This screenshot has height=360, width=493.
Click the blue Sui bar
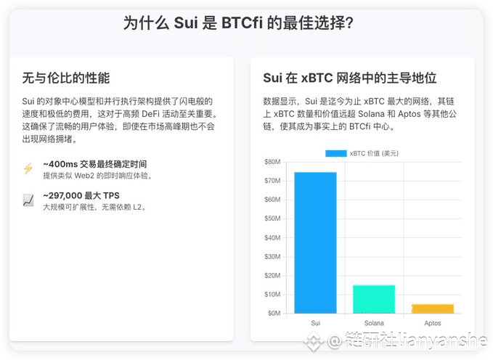(x=315, y=242)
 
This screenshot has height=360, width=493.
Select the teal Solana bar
(x=374, y=299)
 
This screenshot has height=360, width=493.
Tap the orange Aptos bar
(x=433, y=308)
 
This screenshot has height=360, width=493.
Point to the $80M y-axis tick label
(x=272, y=162)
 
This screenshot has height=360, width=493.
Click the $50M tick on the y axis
(x=272, y=218)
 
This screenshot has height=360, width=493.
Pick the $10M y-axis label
(x=272, y=294)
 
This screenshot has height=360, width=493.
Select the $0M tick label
(x=274, y=313)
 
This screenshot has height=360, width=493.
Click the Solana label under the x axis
(x=374, y=323)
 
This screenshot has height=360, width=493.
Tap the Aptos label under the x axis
(x=433, y=323)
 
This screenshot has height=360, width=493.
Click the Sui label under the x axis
(x=315, y=323)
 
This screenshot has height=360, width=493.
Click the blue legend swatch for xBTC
(x=336, y=153)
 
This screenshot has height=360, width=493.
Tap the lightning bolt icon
(x=28, y=168)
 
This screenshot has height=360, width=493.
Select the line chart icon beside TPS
(x=28, y=200)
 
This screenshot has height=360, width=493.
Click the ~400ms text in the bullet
(x=60, y=164)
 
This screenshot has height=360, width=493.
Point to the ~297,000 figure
(x=62, y=195)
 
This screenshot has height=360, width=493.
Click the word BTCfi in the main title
(x=242, y=22)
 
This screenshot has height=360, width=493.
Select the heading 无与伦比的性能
(x=66, y=78)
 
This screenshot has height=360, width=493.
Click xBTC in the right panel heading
(x=317, y=78)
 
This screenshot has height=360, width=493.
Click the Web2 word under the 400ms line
(x=84, y=176)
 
